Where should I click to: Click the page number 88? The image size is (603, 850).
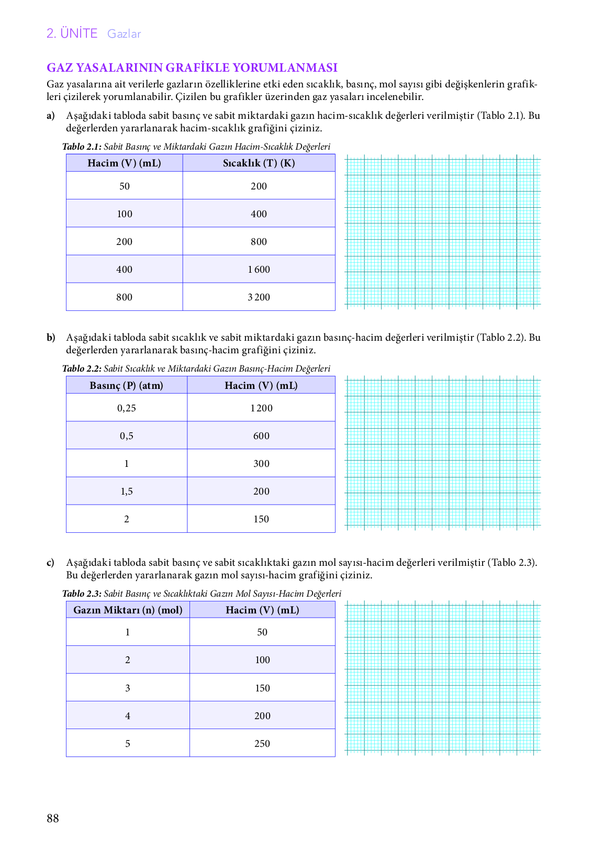click(53, 819)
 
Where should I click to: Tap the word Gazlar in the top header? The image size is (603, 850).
click(124, 34)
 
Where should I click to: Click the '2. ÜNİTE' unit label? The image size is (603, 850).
click(72, 33)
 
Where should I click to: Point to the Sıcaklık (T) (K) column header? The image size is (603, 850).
click(259, 163)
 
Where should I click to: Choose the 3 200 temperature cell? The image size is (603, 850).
click(259, 297)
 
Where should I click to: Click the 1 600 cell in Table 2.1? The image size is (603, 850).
click(259, 270)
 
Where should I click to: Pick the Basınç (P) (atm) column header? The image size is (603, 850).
click(126, 386)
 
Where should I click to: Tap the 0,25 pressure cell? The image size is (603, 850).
click(126, 408)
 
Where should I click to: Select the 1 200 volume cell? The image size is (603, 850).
click(261, 408)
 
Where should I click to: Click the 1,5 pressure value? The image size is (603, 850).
click(126, 491)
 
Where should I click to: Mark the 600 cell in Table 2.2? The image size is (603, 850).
click(261, 436)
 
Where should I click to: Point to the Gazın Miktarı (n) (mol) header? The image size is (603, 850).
click(128, 610)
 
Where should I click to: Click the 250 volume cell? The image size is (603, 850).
click(262, 744)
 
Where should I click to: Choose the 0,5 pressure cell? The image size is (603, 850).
click(126, 436)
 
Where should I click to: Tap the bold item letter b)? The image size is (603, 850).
click(51, 338)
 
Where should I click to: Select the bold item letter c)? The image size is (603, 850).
click(50, 563)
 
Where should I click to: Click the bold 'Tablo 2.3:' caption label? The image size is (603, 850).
click(82, 594)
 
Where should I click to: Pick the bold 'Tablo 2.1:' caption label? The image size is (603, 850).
click(82, 147)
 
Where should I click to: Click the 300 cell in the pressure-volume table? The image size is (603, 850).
click(261, 464)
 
